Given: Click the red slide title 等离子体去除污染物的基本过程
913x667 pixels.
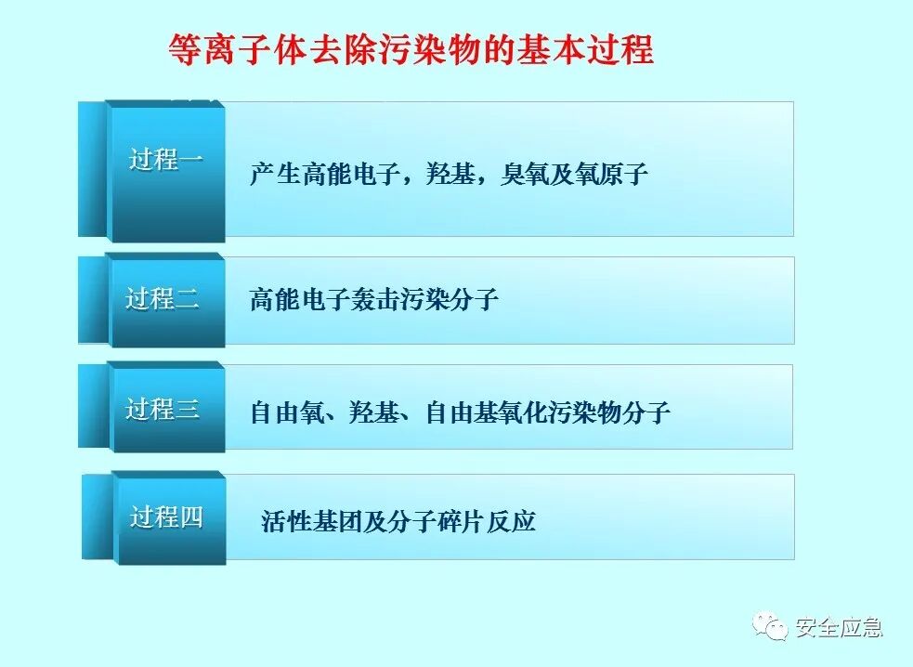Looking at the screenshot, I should [411, 49].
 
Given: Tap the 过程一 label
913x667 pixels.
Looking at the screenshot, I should [166, 159].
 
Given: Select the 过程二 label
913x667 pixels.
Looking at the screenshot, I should [163, 299].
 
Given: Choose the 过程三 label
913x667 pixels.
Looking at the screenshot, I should [163, 409].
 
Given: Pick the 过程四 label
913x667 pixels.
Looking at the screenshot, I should [166, 517].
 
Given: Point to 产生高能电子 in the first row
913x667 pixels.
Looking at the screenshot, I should [314, 174].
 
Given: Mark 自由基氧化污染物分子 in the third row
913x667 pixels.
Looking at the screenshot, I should [548, 412].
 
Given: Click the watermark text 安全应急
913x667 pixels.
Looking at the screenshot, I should [839, 629].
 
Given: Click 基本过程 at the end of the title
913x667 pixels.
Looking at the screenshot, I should [604, 49].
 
